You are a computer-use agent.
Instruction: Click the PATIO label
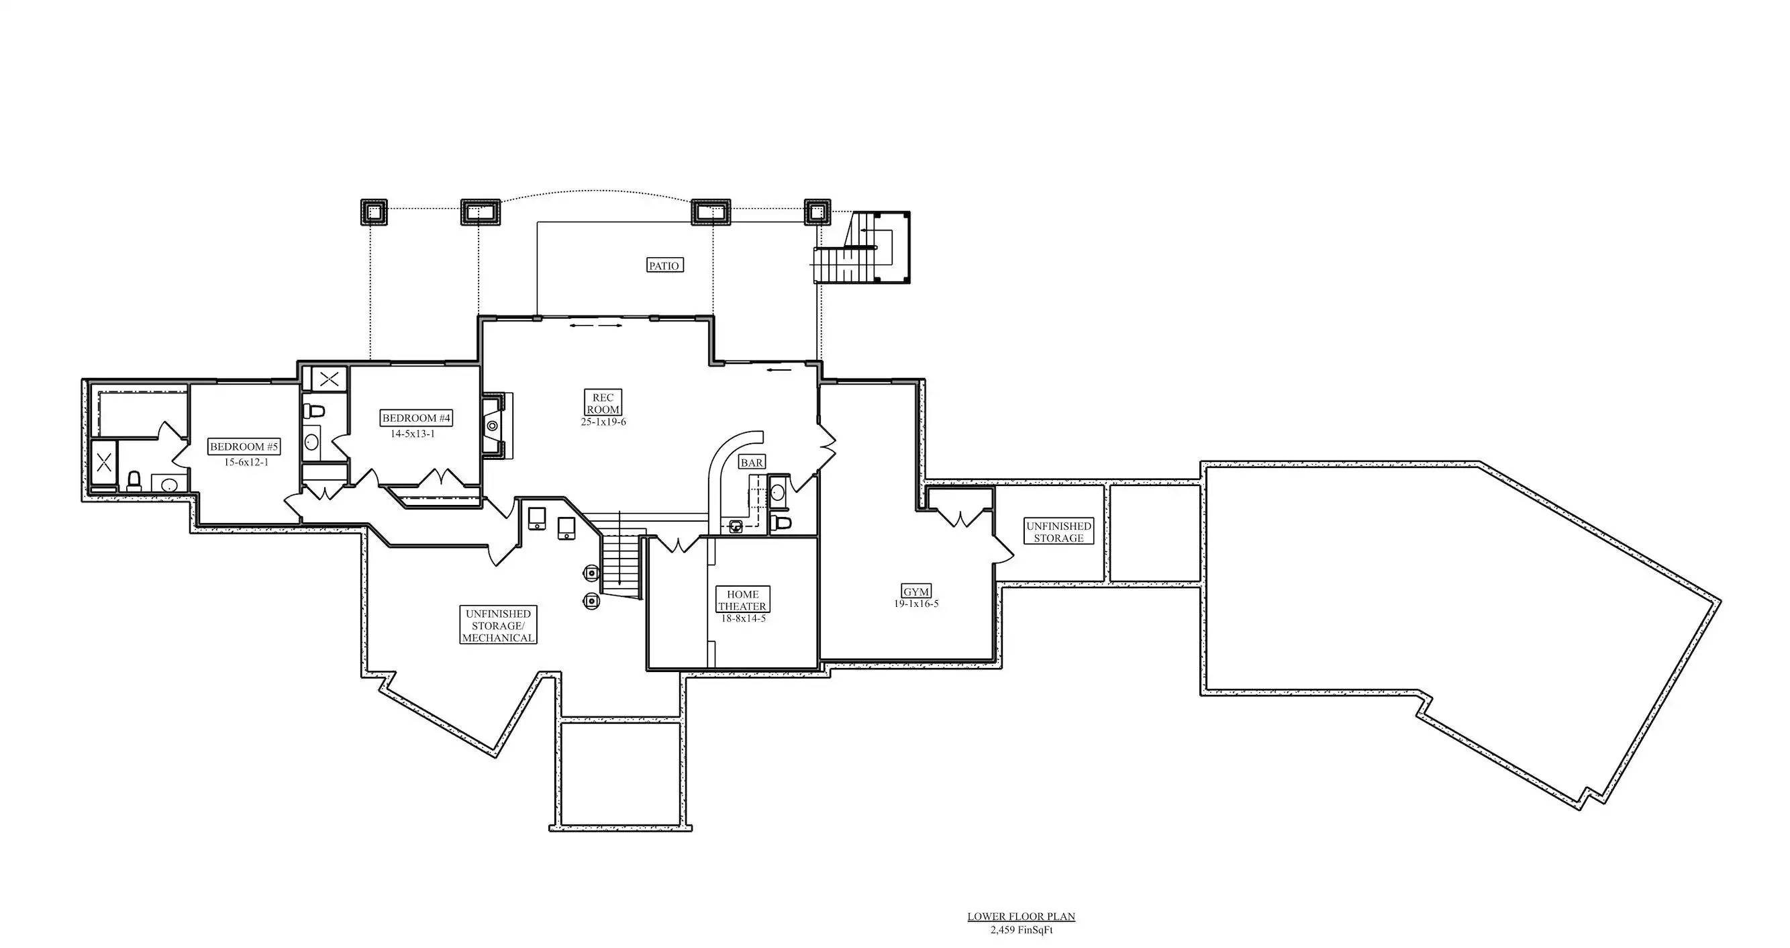coord(664,265)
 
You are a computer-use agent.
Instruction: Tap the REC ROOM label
coord(603,403)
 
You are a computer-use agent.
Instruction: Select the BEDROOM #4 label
coord(417,418)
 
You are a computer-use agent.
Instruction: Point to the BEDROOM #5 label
coord(244,447)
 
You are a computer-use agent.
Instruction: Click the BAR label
coord(752,462)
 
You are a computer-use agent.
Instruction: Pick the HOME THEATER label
coord(742,600)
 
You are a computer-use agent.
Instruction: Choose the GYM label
coord(916,591)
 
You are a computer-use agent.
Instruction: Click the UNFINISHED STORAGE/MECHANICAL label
coord(497,626)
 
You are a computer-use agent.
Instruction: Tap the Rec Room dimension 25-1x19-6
coord(603,422)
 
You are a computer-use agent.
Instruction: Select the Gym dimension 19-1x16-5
coord(916,604)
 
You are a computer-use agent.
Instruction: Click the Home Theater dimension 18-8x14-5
coord(743,618)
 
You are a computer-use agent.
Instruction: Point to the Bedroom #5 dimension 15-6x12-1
coord(246,462)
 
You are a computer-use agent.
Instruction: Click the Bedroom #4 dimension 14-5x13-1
coord(413,434)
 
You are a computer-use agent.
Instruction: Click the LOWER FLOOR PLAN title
coord(1021,916)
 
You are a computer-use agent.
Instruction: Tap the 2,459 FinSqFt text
coord(1021,929)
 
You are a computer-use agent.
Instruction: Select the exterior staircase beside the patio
coord(862,248)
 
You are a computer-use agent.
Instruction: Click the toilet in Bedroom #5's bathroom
coord(134,480)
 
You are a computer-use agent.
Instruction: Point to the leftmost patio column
coord(373,211)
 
